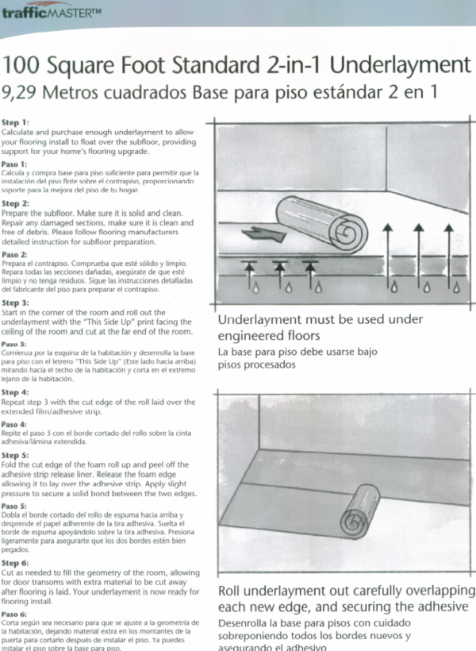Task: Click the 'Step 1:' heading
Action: click(x=15, y=123)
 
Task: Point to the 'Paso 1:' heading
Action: click(x=15, y=164)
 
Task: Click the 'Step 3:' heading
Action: click(x=15, y=302)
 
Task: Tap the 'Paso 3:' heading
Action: click(x=14, y=345)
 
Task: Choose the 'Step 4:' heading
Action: click(x=15, y=392)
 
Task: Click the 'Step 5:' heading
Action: click(x=15, y=456)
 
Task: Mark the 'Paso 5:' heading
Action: click(x=14, y=505)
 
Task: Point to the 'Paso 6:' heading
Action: click(x=14, y=614)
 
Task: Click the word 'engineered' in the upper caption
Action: click(x=255, y=336)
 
